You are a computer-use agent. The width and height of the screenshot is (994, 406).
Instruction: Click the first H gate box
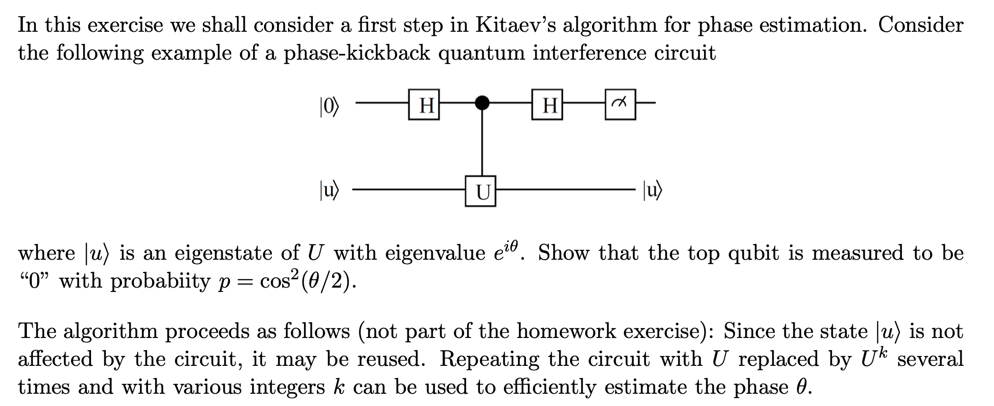[424, 104]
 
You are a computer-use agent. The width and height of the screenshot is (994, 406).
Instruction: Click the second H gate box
[547, 104]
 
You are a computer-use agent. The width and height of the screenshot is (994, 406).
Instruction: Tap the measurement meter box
[620, 104]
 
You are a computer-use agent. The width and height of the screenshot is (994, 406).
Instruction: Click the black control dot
[482, 103]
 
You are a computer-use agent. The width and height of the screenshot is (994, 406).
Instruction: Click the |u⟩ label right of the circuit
[652, 190]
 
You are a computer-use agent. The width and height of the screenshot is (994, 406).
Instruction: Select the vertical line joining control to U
[482, 142]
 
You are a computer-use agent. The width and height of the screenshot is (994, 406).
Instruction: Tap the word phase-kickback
[356, 53]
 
